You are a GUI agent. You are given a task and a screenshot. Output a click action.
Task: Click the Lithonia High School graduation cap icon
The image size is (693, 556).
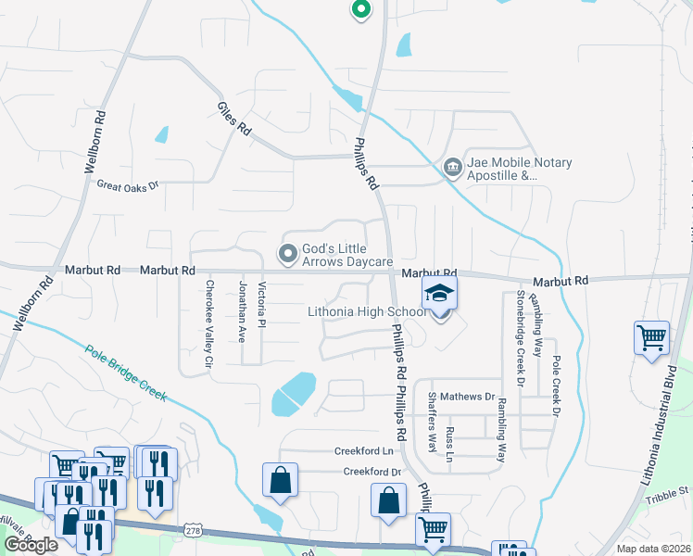tap(440, 295)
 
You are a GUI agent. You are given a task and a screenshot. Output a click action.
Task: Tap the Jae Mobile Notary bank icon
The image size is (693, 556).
tap(453, 168)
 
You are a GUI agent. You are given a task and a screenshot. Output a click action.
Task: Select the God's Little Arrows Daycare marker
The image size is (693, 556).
tap(288, 252)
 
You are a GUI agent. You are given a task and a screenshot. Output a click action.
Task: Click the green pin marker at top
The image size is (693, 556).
tap(360, 10)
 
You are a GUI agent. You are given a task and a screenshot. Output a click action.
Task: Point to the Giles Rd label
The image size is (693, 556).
tap(234, 117)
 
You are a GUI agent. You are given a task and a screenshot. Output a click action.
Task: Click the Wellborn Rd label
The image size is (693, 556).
tap(95, 144)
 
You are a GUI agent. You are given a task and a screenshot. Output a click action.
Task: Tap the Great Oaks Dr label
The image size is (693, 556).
tap(128, 184)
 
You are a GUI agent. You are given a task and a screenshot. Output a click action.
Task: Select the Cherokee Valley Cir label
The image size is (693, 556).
tap(209, 322)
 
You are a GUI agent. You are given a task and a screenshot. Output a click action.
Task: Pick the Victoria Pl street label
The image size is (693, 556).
tap(262, 305)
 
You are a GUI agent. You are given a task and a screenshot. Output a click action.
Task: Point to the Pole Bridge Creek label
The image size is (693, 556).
tap(125, 373)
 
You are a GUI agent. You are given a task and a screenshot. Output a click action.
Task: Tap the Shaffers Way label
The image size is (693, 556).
tap(432, 422)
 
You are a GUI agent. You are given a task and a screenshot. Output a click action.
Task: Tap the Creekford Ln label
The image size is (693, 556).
tap(364, 451)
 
